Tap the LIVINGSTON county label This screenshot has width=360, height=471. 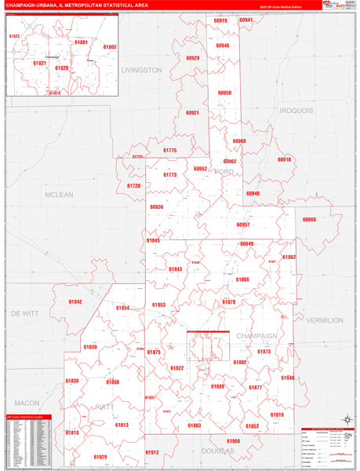141,70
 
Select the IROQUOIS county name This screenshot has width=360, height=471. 296,111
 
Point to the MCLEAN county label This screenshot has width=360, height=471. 59,195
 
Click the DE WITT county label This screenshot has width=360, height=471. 24,312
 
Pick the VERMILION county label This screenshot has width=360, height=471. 324,320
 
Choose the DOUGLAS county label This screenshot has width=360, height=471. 218,452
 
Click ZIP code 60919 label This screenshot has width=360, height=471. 220,20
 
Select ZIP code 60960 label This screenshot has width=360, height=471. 310,220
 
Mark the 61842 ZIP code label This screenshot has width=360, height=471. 75,301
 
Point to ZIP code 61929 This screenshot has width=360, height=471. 100,456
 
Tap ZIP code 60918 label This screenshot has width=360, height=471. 284,159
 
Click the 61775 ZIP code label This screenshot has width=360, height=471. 169,150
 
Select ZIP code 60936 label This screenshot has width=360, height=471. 156,207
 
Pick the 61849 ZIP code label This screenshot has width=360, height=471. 288,378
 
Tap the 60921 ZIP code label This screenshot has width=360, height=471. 192,113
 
